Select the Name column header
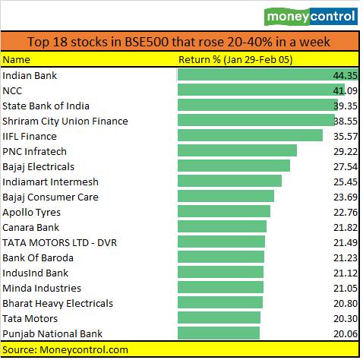click(x=16, y=59)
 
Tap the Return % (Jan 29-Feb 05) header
click(x=235, y=59)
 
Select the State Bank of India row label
click(x=46, y=106)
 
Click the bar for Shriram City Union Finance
click(x=255, y=121)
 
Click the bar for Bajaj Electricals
click(x=233, y=166)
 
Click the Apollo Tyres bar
click(x=223, y=212)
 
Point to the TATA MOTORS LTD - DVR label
click(x=61, y=242)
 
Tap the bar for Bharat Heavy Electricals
click(x=219, y=303)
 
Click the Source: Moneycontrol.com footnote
click(x=65, y=349)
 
